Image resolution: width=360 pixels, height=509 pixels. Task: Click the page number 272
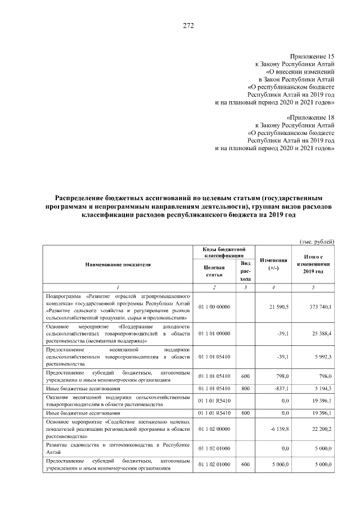(188, 26)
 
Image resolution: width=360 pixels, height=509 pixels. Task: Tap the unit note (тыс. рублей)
(317, 241)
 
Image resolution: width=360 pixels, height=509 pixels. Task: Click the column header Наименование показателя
(118, 264)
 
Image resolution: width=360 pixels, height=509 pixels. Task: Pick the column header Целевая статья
(214, 271)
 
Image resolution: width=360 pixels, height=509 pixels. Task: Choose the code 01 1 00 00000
(214, 307)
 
